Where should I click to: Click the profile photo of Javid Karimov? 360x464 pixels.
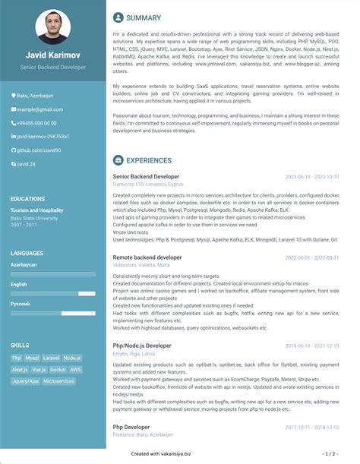(53, 26)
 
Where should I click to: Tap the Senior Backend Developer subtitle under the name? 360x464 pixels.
(53, 68)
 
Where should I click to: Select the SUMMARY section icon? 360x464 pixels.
(118, 17)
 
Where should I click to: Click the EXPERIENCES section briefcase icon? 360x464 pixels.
(118, 160)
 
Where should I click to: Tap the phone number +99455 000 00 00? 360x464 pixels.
(38, 123)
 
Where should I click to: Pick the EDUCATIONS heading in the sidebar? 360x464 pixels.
(28, 199)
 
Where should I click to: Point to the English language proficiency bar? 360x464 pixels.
(53, 292)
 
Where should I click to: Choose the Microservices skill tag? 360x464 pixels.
(59, 380)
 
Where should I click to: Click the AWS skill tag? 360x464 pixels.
(76, 369)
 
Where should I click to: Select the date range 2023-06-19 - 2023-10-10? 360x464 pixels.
(312, 177)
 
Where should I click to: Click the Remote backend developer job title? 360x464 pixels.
(147, 257)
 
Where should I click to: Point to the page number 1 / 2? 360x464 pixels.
(328, 453)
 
